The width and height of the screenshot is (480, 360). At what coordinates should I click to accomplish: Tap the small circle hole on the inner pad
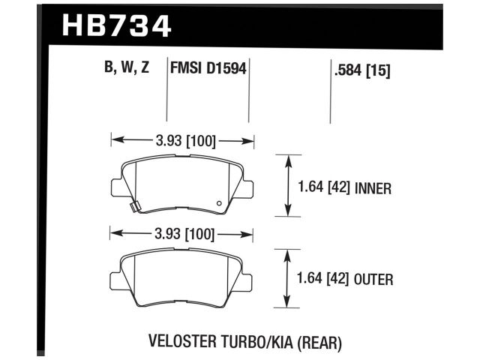218,202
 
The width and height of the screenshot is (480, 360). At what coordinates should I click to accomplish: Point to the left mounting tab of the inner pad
115,184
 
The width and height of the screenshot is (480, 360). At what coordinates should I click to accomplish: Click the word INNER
373,188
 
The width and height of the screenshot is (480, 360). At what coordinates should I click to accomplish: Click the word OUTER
373,280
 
